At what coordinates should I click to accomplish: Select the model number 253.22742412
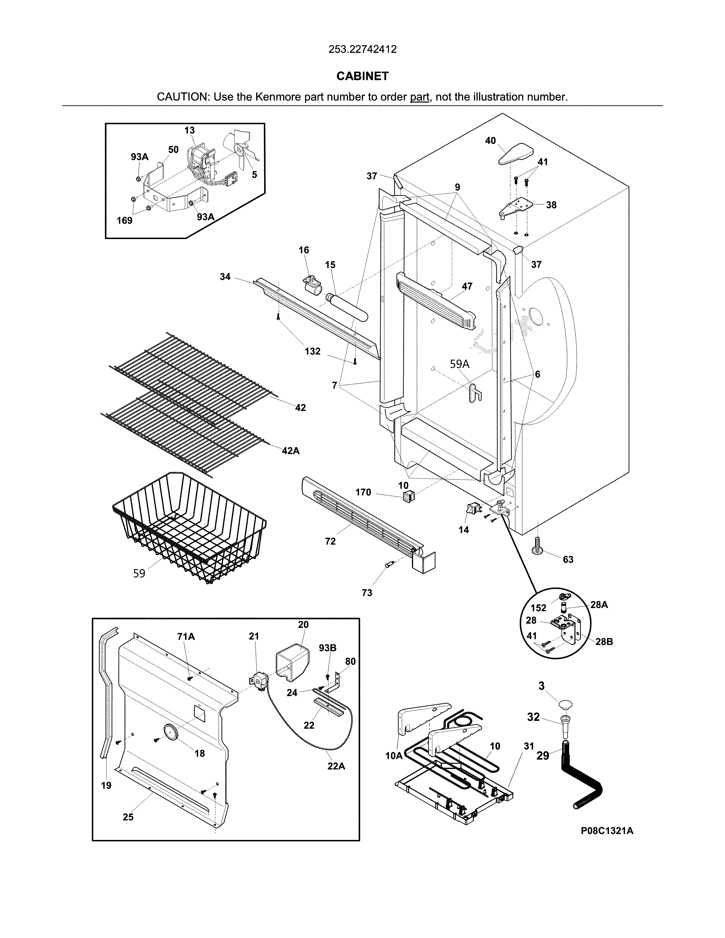[362, 49]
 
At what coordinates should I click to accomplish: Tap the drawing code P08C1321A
[607, 843]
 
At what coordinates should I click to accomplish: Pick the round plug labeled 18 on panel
[171, 731]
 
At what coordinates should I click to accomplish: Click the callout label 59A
[459, 364]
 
